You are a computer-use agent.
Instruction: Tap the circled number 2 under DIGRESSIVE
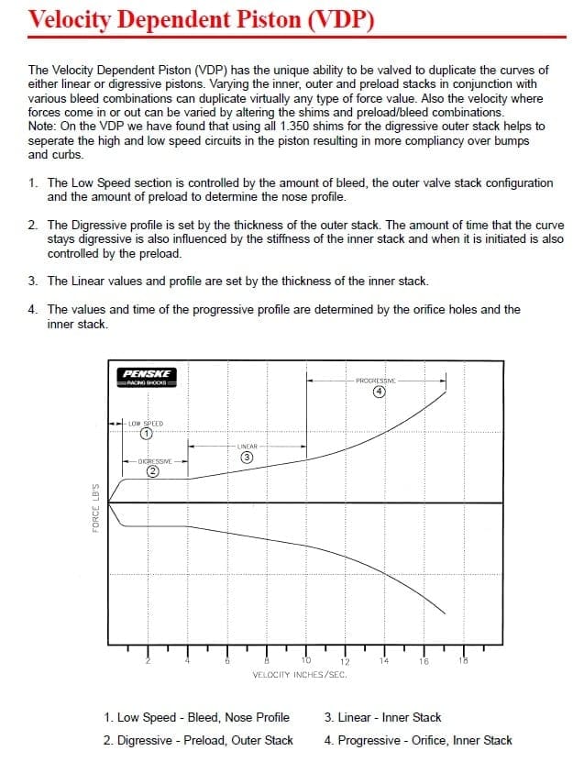(x=153, y=471)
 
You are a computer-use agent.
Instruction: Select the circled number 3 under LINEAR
(x=246, y=457)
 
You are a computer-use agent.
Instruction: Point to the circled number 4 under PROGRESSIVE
(x=377, y=392)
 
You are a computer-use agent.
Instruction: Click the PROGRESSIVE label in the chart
(x=376, y=380)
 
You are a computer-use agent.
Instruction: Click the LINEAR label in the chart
(x=246, y=446)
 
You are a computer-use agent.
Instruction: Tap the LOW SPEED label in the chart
(x=146, y=424)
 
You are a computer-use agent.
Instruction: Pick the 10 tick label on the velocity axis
(x=306, y=660)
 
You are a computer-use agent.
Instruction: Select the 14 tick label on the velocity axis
(x=384, y=660)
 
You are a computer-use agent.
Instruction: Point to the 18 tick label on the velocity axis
(x=462, y=660)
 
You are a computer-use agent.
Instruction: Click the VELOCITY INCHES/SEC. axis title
(x=299, y=674)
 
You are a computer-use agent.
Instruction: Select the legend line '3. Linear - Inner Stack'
(x=382, y=717)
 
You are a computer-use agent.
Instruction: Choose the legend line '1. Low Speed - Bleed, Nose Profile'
(x=196, y=717)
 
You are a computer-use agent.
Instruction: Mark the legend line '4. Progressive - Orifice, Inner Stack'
(x=417, y=740)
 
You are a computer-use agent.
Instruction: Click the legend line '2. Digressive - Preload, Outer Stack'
(x=198, y=740)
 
